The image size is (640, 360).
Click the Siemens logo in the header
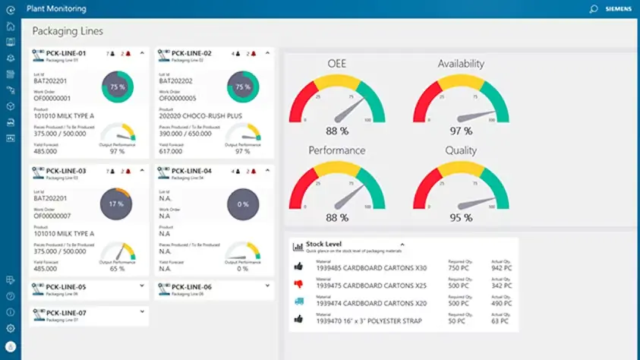(617, 9)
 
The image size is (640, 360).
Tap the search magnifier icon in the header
(594, 9)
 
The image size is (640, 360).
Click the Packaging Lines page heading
(68, 32)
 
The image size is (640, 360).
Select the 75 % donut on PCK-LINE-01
(117, 87)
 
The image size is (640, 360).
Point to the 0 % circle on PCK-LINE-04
(243, 204)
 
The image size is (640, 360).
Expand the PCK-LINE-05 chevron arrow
(143, 286)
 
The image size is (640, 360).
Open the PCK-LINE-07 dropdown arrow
(143, 311)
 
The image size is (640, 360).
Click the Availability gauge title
(460, 64)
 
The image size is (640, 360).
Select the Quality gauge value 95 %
(460, 218)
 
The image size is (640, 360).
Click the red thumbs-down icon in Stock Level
(298, 283)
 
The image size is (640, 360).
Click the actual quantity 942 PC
(502, 267)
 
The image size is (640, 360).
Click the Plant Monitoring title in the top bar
(56, 9)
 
